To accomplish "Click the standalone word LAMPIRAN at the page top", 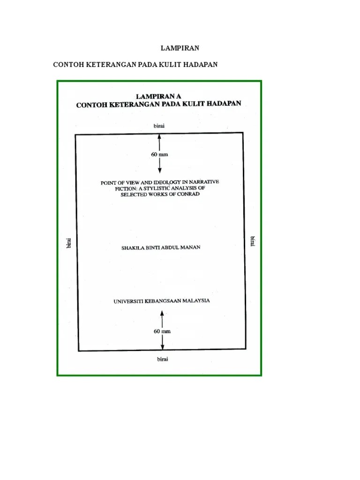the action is [x=180, y=48].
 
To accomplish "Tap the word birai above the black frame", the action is [x=159, y=126].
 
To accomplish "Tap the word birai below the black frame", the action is [x=162, y=359].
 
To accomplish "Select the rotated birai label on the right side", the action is [x=253, y=241].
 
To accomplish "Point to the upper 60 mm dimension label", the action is [x=159, y=154].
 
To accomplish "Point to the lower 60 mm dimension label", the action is [x=162, y=331].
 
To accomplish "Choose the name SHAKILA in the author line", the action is [x=133, y=247].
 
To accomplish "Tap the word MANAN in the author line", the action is [x=190, y=247].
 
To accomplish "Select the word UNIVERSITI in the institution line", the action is [x=128, y=301].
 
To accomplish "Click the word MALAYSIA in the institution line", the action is [x=195, y=300].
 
